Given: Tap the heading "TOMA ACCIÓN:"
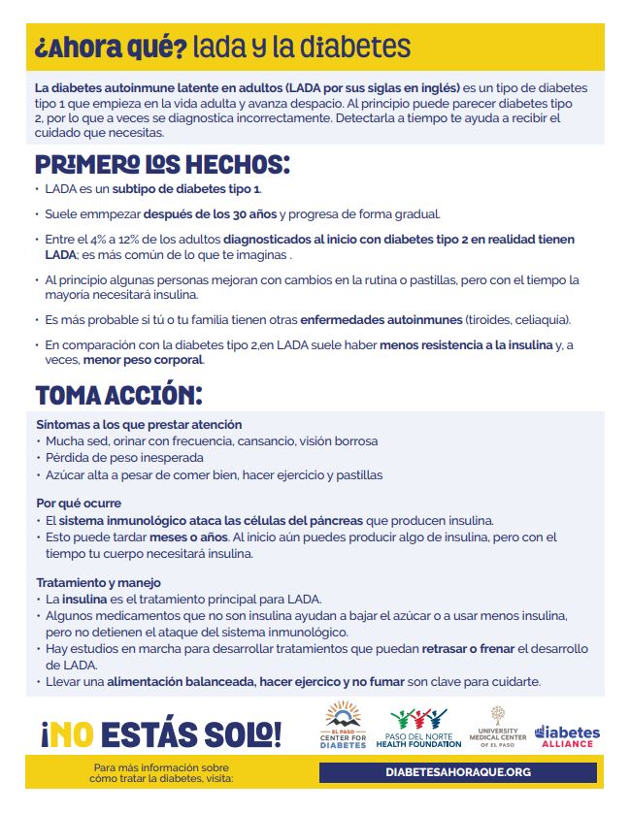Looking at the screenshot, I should point(118,395).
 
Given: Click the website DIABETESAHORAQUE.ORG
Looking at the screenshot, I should point(458,771).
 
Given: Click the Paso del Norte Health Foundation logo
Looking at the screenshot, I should point(425,727).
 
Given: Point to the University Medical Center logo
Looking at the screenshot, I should point(499,727).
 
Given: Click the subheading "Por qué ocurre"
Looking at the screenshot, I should point(79,504).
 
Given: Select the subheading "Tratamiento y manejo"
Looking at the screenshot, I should point(98,583).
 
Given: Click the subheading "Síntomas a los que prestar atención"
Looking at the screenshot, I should point(139,425).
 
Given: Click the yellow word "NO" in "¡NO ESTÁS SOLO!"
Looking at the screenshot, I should point(75,732).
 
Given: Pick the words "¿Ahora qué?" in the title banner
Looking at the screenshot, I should point(109,47).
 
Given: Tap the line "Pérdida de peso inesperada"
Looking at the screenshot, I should point(124,457).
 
